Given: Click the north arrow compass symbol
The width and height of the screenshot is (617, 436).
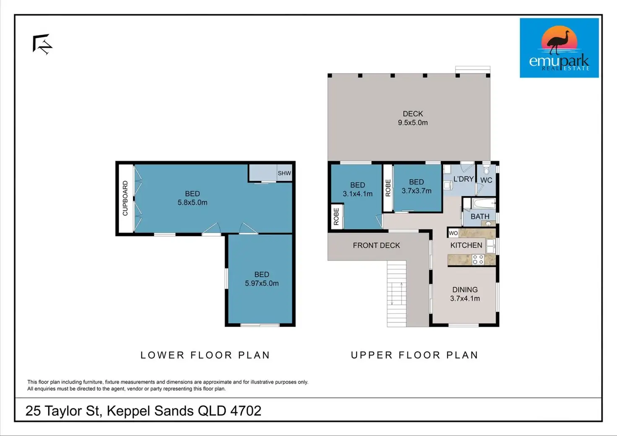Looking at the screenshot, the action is point(42,44).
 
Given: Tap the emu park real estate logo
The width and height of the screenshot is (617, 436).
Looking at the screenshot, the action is point(559,48).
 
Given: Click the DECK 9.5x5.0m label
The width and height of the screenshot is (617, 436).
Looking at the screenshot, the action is point(412,118).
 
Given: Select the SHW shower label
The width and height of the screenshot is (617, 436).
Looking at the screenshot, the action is point(284,173).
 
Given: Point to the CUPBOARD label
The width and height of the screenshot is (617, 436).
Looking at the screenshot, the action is point(125,198).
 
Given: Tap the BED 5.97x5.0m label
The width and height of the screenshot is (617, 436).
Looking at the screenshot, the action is point(262,279).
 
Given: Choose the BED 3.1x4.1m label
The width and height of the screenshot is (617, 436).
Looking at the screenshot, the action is point(358,189).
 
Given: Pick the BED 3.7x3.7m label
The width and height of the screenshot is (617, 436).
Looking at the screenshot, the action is point(417,187).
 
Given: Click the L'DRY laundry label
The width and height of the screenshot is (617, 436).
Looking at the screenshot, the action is point(463,179).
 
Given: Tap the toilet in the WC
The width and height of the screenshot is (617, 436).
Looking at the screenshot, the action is point(486,169).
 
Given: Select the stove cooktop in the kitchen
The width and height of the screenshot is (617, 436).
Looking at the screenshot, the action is point(478,260).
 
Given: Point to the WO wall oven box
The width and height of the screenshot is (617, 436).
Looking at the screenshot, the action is point(453,233).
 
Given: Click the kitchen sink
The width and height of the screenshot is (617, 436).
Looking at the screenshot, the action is point(490,246).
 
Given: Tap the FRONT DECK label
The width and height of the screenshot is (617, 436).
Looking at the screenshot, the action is point(376,245).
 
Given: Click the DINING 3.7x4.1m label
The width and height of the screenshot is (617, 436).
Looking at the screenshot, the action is point(465,294).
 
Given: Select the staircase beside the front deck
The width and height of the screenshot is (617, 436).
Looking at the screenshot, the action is point(397,293).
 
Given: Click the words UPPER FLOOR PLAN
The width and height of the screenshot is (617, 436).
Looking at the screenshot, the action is point(415,355).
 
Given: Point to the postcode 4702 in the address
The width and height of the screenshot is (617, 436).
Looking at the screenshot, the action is point(246,411).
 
